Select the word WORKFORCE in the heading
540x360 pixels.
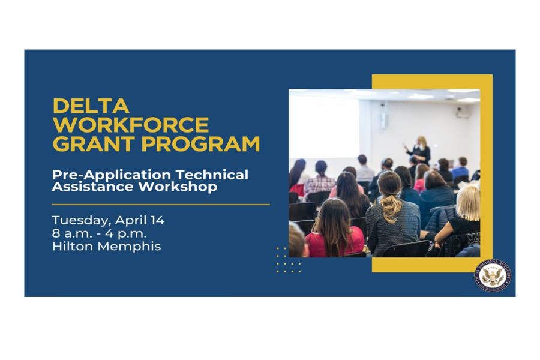(x=131, y=125)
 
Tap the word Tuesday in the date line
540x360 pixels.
(x=79, y=220)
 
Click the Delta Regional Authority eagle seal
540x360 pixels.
(x=493, y=275)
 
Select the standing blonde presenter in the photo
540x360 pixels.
(x=421, y=151)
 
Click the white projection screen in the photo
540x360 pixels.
(x=324, y=126)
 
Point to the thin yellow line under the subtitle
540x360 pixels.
(x=161, y=204)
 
